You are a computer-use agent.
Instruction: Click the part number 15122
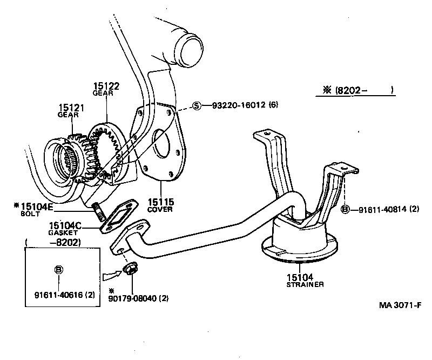[106, 86]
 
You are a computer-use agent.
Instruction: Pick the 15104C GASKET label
[65, 228]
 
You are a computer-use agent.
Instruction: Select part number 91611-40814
[385, 209]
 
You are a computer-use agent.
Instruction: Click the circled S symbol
[197, 105]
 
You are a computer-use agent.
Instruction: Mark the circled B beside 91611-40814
[346, 209]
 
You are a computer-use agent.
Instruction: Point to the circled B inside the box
[58, 269]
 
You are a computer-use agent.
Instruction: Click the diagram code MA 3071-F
[399, 305]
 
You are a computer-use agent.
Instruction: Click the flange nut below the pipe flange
[130, 269]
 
